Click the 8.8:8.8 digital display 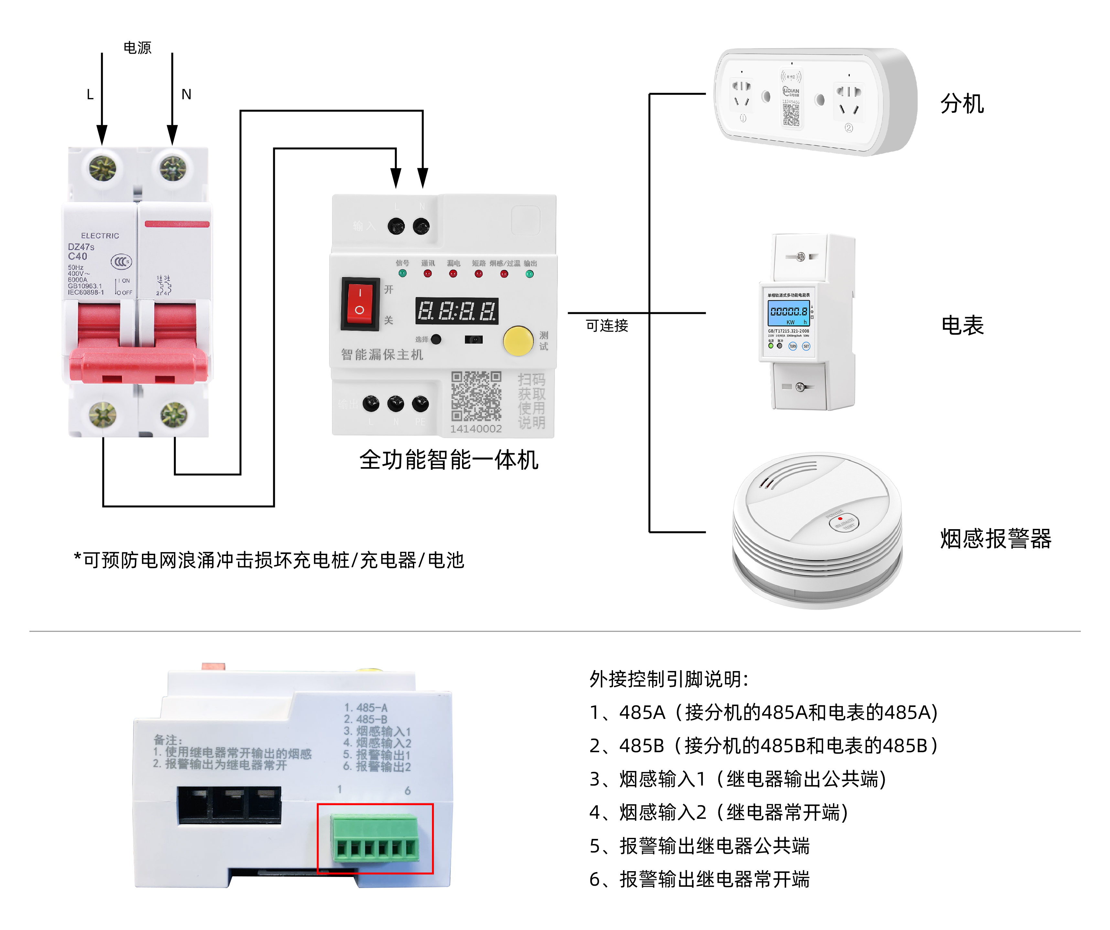pos(457,311)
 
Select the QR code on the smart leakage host pos(476,396)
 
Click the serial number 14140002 pos(476,429)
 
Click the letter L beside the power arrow pos(90,95)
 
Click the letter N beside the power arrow pos(186,95)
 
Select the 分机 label pos(962,103)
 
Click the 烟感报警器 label pos(995,539)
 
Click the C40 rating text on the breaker pos(77,256)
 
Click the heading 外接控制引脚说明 pos(669,679)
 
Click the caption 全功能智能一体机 pos(449,460)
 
